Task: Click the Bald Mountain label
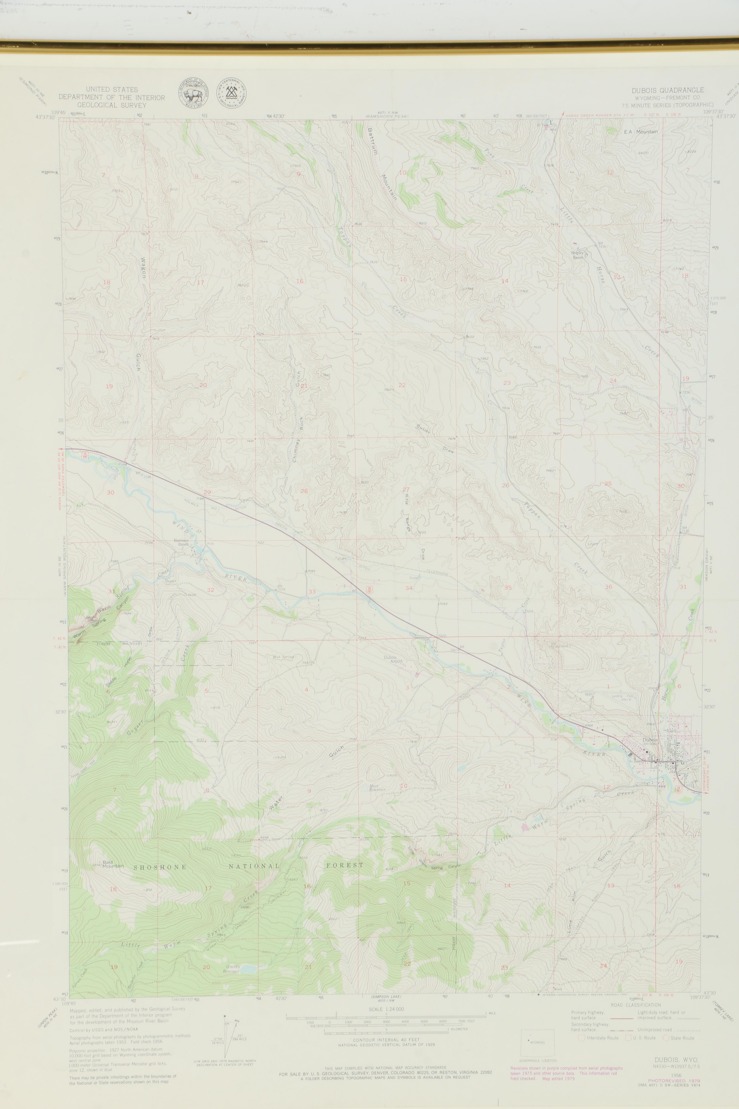pos(113,864)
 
